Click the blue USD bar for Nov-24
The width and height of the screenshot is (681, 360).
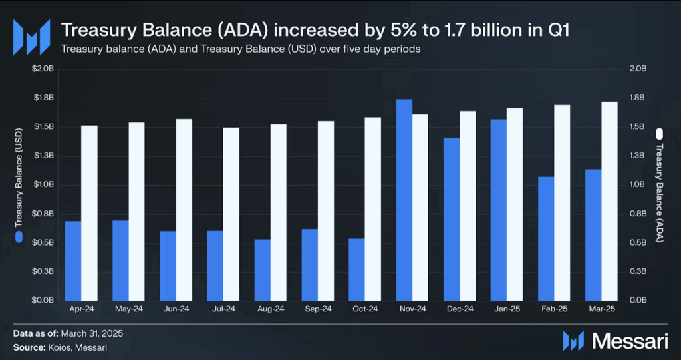click(x=404, y=200)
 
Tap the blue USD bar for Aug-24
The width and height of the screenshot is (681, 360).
click(x=262, y=270)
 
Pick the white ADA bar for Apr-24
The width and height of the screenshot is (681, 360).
click(x=89, y=213)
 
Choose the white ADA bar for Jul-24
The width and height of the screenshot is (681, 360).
click(x=231, y=214)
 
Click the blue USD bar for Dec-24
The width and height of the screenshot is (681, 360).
click(x=452, y=219)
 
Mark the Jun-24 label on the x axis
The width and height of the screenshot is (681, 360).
click(x=176, y=309)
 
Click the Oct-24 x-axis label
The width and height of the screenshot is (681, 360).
click(x=365, y=309)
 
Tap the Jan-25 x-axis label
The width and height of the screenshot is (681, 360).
click(x=507, y=309)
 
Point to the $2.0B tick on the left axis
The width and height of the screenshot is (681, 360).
click(x=44, y=69)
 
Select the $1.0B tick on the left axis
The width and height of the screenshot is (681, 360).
click(x=44, y=185)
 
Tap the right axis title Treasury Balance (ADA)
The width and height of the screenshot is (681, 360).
click(x=660, y=184)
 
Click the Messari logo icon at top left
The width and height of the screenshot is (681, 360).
click(x=32, y=37)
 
